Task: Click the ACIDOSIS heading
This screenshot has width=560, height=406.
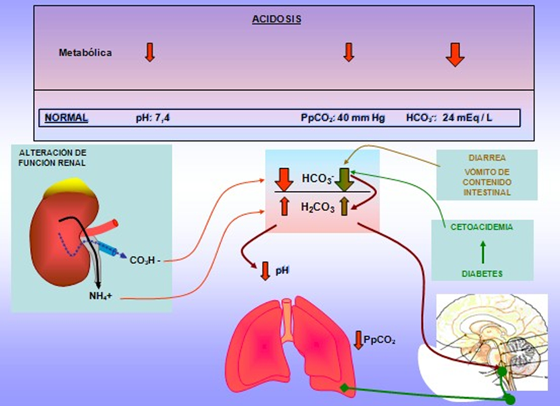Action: (x=276, y=19)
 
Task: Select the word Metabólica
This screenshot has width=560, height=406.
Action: (x=85, y=52)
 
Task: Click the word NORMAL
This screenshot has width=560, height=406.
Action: (x=66, y=117)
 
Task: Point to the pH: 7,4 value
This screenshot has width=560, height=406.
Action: (x=153, y=117)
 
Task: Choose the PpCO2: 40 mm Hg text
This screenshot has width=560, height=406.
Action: (x=342, y=118)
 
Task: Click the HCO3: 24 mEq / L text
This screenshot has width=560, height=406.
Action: (x=449, y=118)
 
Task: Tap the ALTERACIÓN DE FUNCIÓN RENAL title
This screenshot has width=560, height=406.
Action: (x=52, y=156)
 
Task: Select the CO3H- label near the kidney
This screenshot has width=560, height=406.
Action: (x=145, y=260)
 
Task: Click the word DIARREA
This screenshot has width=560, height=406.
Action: (x=487, y=159)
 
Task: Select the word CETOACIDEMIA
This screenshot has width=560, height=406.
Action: (x=482, y=227)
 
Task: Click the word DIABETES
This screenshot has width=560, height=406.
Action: (x=482, y=274)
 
